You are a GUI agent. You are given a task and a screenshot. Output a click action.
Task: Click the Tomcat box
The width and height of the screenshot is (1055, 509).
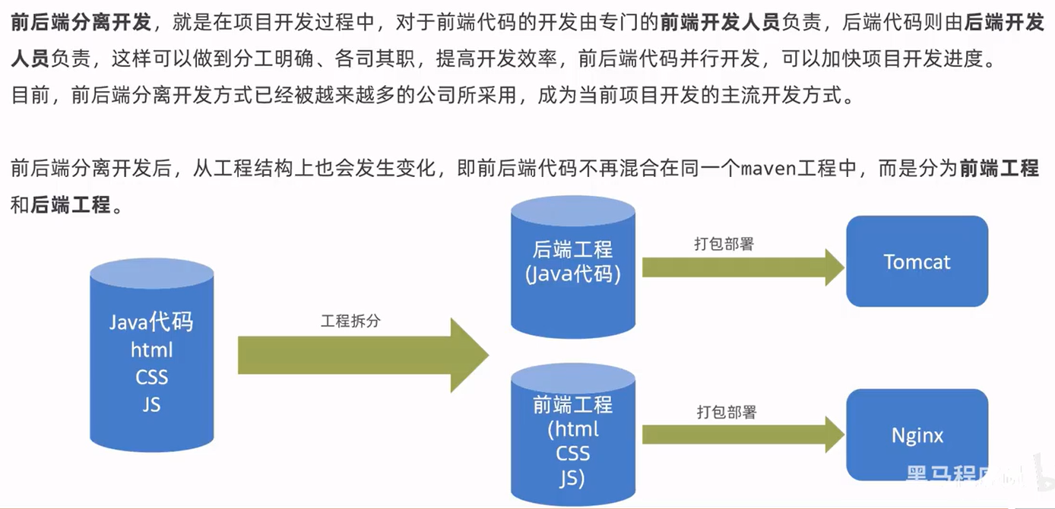pos(917,261)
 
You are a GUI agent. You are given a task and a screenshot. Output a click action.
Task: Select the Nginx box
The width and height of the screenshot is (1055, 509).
pos(917,435)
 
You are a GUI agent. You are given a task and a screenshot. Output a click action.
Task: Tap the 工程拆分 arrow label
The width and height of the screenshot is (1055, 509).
pos(350,321)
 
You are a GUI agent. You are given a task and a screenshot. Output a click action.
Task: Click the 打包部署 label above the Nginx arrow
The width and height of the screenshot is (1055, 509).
pos(727,412)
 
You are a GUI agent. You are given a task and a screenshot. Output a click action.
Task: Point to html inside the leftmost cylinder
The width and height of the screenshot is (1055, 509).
pos(152,349)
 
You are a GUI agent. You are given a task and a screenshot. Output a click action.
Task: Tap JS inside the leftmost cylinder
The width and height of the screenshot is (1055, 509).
pos(151,404)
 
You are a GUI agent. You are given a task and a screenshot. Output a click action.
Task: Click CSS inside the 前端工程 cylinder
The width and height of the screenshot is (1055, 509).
pos(573,454)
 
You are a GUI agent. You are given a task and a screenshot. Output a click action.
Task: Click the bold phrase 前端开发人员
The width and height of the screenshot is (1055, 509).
pos(720,22)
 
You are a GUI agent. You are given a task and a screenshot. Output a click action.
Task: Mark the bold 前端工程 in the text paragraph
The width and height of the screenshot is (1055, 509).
pos(999,168)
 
